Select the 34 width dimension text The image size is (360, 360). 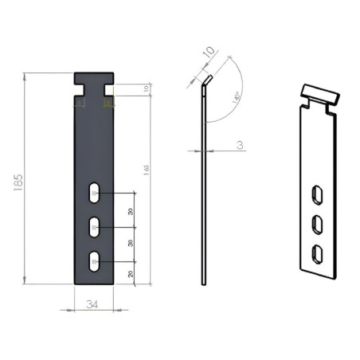tap(93, 303)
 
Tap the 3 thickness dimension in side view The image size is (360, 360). tap(240, 145)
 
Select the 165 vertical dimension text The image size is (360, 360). tap(146, 169)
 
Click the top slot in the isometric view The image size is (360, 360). tap(317, 195)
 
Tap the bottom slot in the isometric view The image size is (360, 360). tap(317, 254)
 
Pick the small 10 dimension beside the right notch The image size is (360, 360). tap(146, 88)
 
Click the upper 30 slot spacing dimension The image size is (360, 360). tap(131, 211)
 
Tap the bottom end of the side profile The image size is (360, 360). tap(204, 282)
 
